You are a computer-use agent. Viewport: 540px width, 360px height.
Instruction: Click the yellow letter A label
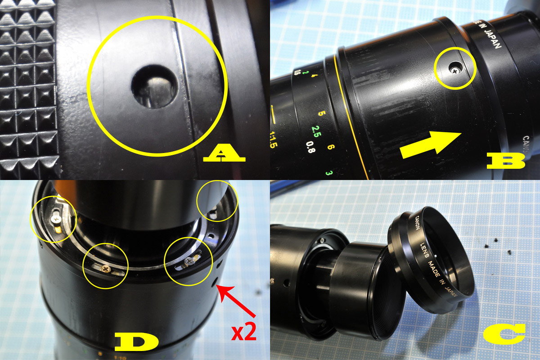pyautogui.click(x=224, y=155)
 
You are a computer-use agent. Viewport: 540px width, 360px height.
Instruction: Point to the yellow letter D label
pyautogui.click(x=137, y=342)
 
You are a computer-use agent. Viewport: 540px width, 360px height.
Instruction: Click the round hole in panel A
pyautogui.click(x=154, y=85)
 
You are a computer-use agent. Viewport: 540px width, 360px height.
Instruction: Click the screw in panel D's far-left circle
pyautogui.click(x=55, y=218)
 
